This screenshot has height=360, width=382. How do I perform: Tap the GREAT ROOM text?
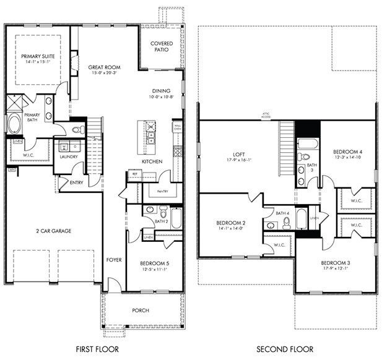coord(105,67)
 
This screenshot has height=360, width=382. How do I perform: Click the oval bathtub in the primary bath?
coord(14,123)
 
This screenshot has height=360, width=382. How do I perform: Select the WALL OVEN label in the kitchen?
coord(178,127)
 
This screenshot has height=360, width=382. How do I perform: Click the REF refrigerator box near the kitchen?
coord(135,174)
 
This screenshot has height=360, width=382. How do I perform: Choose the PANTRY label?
coord(163,191)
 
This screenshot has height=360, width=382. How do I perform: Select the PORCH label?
coord(141,310)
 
